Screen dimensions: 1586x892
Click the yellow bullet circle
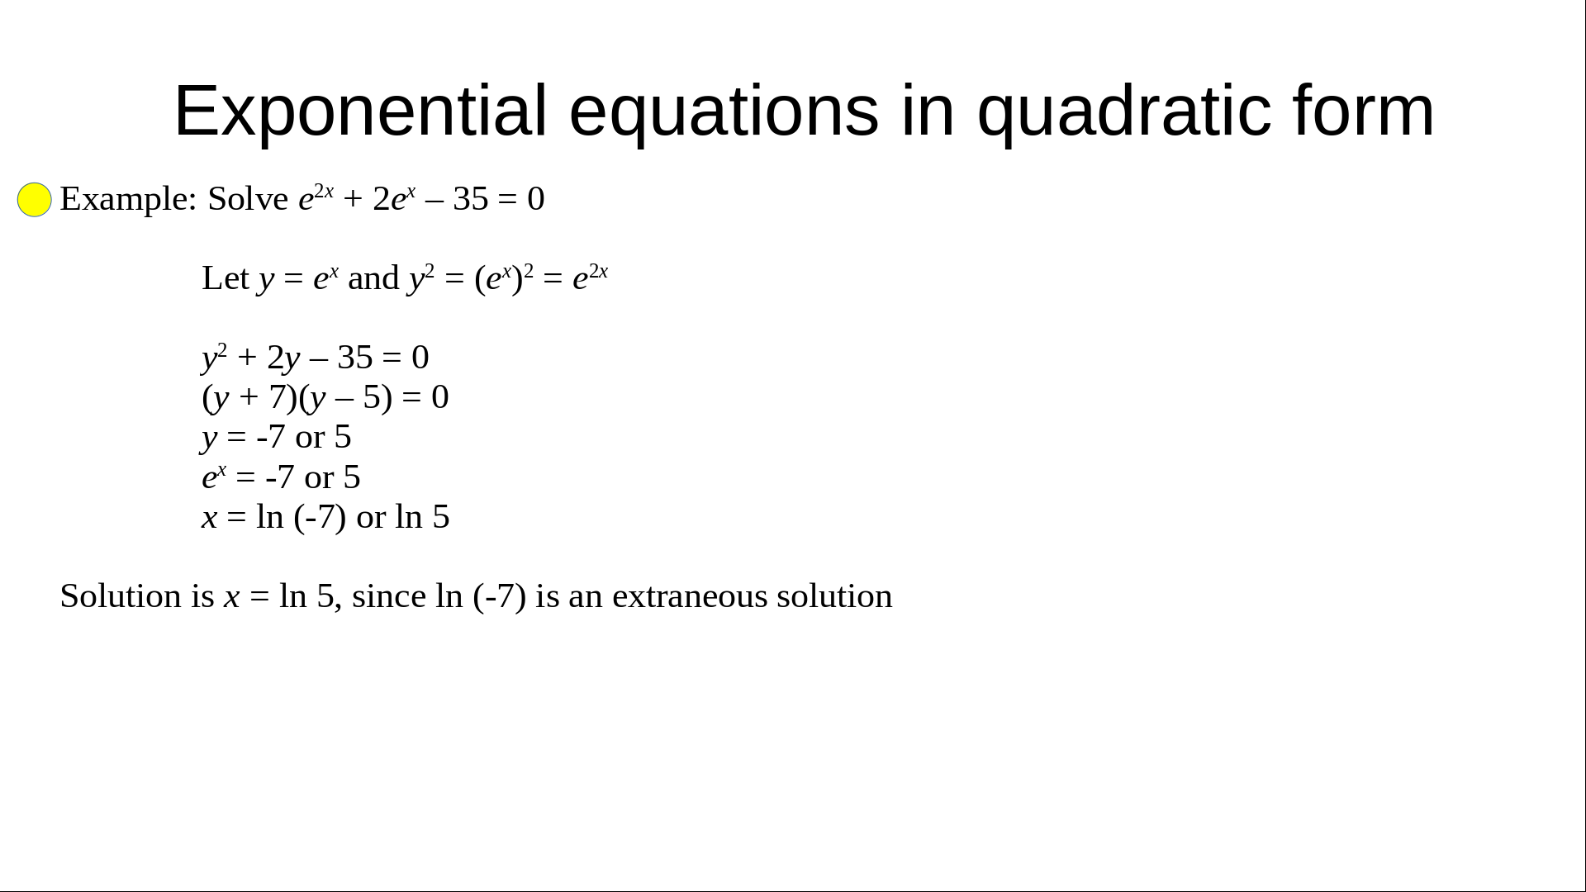pos(35,200)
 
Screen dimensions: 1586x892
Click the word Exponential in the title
pos(361,111)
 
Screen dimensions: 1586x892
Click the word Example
pos(128,199)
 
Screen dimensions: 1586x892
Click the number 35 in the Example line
pos(471,199)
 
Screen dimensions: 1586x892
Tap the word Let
pos(226,278)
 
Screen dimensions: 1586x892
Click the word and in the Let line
pos(373,278)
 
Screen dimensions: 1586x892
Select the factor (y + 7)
pos(249,397)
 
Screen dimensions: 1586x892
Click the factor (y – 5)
pos(345,397)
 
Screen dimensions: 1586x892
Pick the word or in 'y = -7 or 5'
pos(310,437)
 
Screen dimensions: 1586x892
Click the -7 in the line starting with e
pos(280,477)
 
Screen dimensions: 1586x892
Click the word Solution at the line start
pos(121,596)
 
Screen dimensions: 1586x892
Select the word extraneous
pos(690,596)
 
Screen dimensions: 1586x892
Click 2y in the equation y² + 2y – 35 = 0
pos(283,358)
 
